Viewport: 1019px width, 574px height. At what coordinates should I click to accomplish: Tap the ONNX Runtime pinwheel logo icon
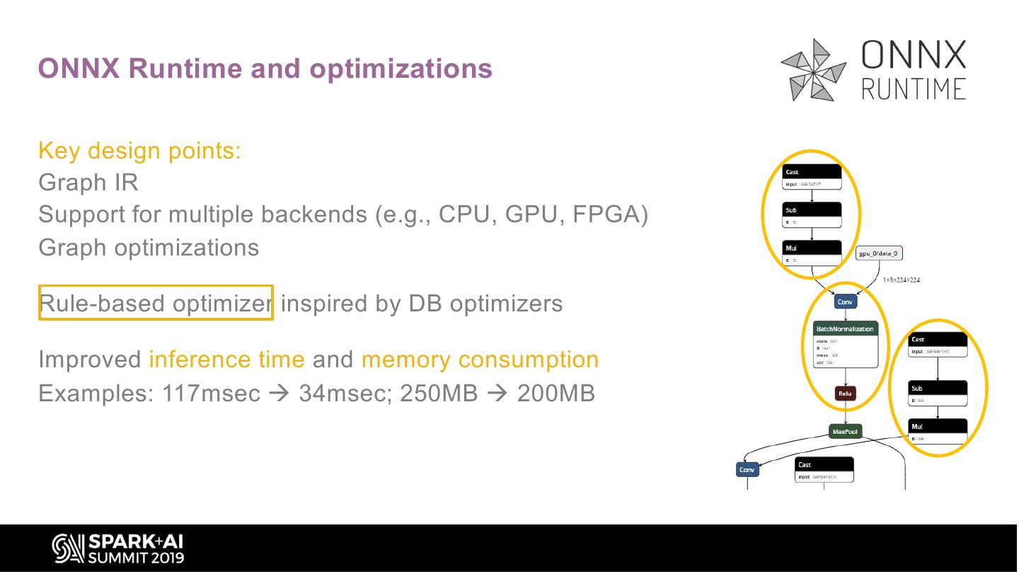coord(814,69)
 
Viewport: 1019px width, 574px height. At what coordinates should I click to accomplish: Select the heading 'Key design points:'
coord(139,151)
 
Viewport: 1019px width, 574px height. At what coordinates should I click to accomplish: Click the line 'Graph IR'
coord(88,183)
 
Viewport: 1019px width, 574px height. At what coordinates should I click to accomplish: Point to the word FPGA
coord(610,214)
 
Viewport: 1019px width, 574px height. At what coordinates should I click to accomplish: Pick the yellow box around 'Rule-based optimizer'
coord(156,302)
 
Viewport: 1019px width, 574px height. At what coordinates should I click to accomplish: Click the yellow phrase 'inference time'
coord(226,360)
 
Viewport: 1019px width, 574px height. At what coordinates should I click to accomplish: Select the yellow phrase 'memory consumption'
coord(480,360)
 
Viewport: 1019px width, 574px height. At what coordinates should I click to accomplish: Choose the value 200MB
coord(555,393)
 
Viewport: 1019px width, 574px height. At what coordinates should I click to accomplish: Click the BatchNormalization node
coord(845,329)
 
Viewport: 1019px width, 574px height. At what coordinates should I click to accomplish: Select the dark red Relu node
coord(845,394)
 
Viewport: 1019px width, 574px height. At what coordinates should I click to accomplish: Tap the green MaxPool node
coord(845,432)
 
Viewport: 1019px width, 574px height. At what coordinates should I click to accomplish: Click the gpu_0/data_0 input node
coord(879,253)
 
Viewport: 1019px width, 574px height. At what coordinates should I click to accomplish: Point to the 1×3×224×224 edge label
coord(901,280)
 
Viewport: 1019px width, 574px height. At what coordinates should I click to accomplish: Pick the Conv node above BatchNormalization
coord(845,302)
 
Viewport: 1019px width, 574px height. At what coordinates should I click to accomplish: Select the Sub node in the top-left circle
coord(812,210)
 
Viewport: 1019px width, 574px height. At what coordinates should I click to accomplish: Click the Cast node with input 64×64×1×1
coord(938,340)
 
